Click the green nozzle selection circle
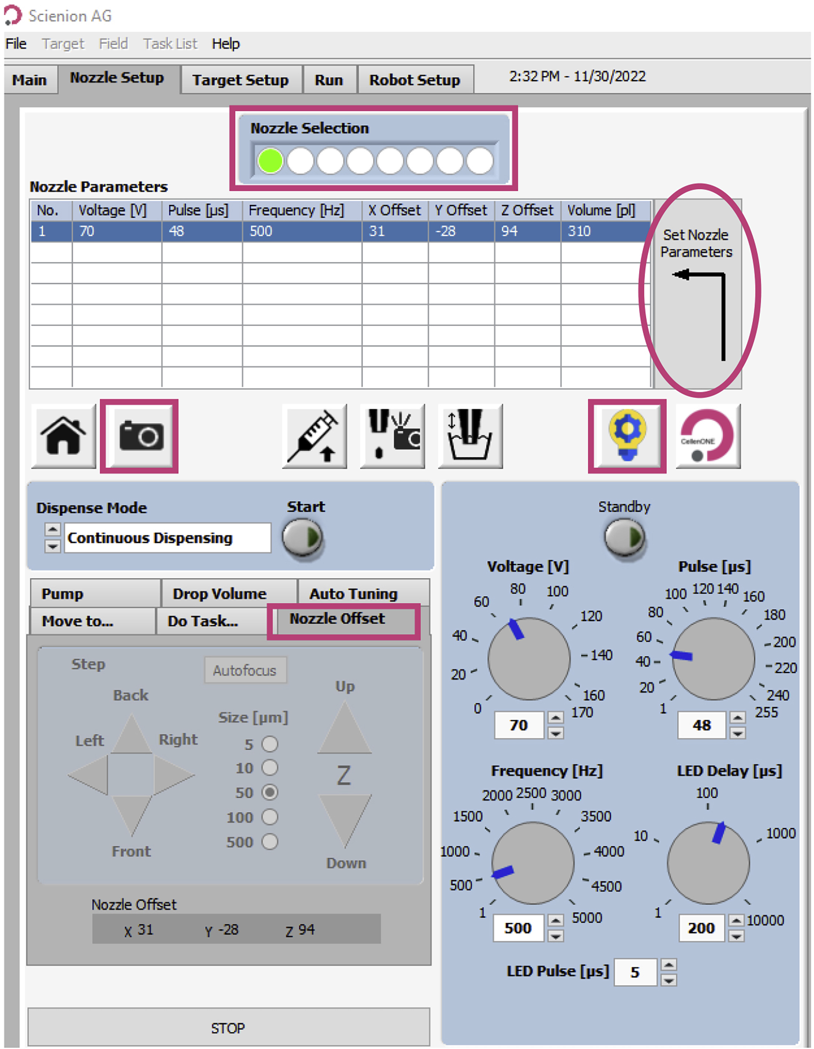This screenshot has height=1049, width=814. (x=270, y=160)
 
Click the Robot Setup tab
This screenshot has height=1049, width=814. (x=414, y=80)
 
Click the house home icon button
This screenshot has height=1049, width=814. (x=63, y=436)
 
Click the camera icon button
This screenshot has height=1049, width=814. (x=140, y=436)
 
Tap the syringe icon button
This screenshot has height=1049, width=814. (x=314, y=436)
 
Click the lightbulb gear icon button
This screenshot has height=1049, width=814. (x=627, y=436)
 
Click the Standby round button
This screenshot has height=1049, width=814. (x=624, y=537)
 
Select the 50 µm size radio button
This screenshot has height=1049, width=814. (x=270, y=792)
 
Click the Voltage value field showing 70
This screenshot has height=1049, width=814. (x=519, y=725)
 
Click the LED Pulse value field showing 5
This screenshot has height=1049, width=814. (x=635, y=972)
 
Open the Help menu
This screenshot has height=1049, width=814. (x=225, y=44)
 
